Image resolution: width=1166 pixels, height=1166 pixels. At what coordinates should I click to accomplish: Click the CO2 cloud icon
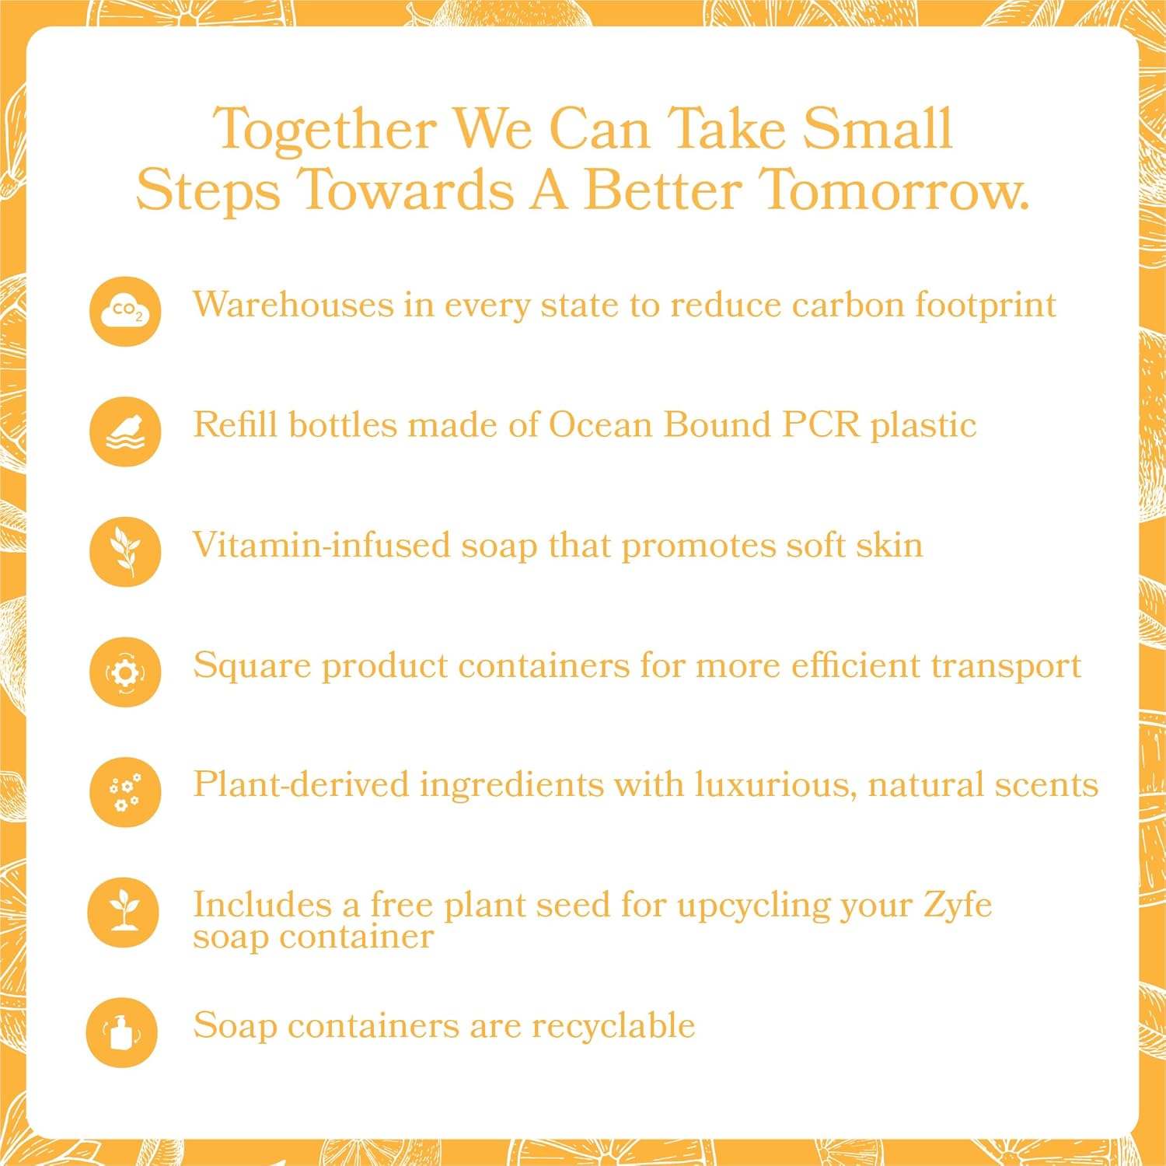click(x=125, y=312)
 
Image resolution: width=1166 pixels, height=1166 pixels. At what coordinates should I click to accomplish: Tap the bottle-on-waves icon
click(x=125, y=431)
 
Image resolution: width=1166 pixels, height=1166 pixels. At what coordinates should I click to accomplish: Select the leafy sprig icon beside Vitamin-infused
click(x=125, y=551)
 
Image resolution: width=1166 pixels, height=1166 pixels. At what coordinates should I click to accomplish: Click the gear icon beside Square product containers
click(x=125, y=672)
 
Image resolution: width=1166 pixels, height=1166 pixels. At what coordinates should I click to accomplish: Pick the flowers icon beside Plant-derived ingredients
click(x=125, y=792)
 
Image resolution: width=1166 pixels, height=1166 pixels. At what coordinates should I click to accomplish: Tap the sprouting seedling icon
click(x=123, y=912)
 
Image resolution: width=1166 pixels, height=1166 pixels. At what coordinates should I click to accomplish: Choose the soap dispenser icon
click(x=122, y=1032)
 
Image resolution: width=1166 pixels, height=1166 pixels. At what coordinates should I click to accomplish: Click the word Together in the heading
click(x=325, y=130)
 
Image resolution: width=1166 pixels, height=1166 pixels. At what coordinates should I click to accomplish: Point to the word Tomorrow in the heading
click(x=893, y=190)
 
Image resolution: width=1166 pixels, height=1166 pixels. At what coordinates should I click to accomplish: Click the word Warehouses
click(x=293, y=305)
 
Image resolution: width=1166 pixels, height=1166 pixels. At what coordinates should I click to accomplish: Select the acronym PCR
click(x=821, y=425)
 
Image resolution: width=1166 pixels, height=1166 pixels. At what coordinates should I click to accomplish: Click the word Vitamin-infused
click(x=321, y=545)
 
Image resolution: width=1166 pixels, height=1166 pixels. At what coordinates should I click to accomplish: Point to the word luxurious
click(x=775, y=784)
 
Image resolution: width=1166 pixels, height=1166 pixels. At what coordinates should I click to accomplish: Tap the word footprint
click(x=985, y=305)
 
